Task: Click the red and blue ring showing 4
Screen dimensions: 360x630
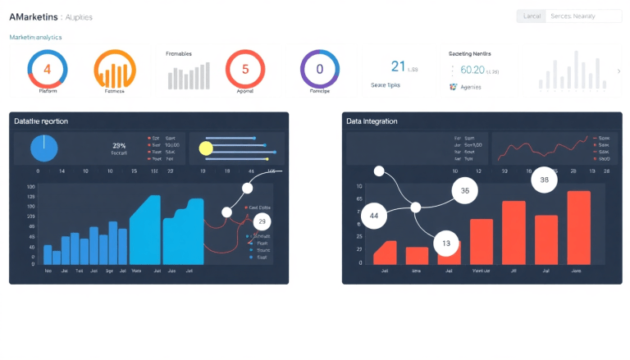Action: pos(47,69)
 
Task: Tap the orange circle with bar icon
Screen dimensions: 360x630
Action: pos(115,69)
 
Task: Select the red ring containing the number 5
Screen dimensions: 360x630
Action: pos(244,69)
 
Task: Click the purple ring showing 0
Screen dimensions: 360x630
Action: pos(320,69)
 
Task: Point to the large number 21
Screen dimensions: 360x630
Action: pos(399,67)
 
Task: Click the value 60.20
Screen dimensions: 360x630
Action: pos(472,70)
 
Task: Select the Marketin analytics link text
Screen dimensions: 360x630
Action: pos(35,37)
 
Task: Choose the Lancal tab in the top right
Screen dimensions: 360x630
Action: pos(532,16)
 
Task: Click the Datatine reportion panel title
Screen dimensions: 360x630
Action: pos(41,121)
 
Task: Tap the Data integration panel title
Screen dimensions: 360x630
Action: pos(372,121)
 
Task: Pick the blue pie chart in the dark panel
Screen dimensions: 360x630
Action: pos(44,148)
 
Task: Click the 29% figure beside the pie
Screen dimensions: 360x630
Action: pos(118,145)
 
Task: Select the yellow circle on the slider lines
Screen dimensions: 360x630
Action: pos(206,148)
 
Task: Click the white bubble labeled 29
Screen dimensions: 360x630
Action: pos(262,221)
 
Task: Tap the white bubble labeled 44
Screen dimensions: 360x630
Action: pos(374,216)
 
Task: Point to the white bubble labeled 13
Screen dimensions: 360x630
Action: pos(446,243)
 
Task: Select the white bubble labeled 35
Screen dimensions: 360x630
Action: pos(464,191)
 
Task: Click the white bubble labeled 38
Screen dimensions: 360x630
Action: pos(544,180)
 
